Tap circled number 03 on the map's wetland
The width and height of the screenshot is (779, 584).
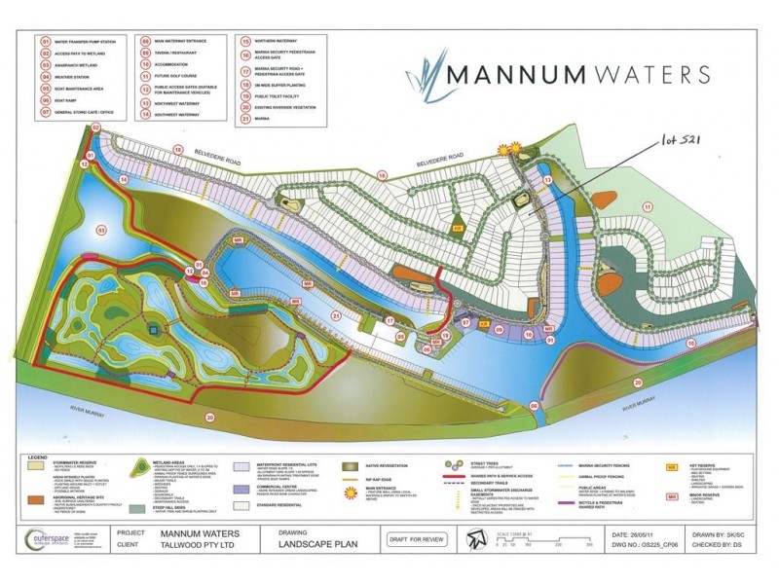[101, 230]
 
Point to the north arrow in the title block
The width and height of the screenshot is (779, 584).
[476, 538]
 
